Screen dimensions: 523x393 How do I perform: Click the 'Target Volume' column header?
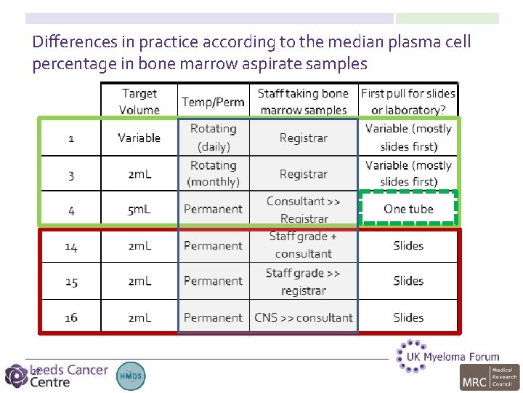click(x=139, y=101)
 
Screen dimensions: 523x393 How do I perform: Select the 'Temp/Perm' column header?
click(x=213, y=102)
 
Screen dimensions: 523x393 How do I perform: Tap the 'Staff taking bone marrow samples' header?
click(x=304, y=101)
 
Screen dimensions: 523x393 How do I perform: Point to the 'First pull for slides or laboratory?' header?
click(x=408, y=101)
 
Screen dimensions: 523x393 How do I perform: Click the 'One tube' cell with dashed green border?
click(x=408, y=209)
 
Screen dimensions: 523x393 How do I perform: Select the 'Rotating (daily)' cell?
click(x=213, y=137)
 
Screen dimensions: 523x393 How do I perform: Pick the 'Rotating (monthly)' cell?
click(x=213, y=173)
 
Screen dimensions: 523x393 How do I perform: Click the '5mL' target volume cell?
click(x=139, y=210)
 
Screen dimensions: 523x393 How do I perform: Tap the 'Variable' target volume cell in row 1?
click(x=139, y=138)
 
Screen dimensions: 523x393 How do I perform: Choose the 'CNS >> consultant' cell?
click(x=304, y=317)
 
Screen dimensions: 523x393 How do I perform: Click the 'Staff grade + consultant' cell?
click(x=304, y=245)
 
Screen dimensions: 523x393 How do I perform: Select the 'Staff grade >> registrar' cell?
click(x=304, y=281)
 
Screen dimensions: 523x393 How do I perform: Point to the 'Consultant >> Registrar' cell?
click(x=304, y=209)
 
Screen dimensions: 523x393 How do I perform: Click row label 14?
click(x=71, y=246)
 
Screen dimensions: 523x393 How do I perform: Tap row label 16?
click(x=71, y=318)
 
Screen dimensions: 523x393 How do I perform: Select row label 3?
click(x=71, y=175)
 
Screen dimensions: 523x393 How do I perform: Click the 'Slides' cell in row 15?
click(x=408, y=281)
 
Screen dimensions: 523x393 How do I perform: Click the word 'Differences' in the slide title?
click(x=69, y=42)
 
